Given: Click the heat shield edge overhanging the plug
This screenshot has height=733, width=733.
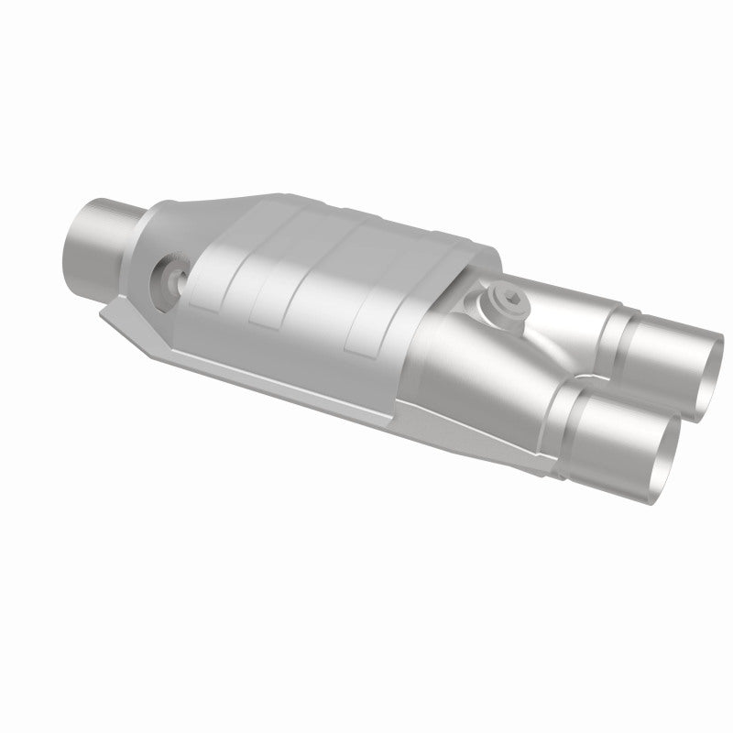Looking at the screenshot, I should coord(467,266).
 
